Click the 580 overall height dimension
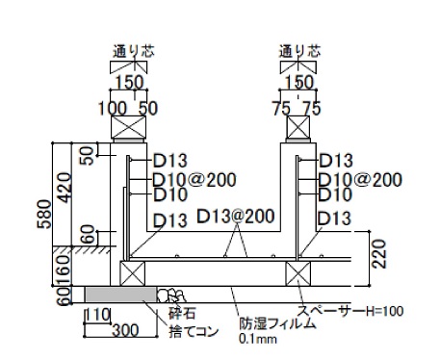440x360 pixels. (x=44, y=214)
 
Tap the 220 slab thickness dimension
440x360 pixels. (x=379, y=254)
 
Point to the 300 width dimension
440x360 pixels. (x=125, y=330)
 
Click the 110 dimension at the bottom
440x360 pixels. (x=98, y=315)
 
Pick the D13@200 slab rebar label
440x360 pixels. (x=236, y=217)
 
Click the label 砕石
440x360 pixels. (x=182, y=313)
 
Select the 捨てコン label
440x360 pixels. (x=194, y=331)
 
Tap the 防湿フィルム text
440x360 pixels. (x=277, y=323)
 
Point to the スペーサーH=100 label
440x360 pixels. (x=350, y=311)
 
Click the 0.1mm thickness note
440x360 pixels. (x=258, y=339)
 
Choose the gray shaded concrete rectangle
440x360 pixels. (x=121, y=295)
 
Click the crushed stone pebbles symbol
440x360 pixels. (x=171, y=296)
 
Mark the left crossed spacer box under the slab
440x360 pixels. (x=132, y=273)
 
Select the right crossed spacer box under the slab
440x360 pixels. (x=298, y=273)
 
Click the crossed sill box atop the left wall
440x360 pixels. (x=128, y=127)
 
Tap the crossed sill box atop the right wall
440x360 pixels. (x=298, y=127)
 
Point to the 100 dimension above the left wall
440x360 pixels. (x=113, y=109)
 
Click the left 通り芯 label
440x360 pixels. (x=134, y=51)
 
